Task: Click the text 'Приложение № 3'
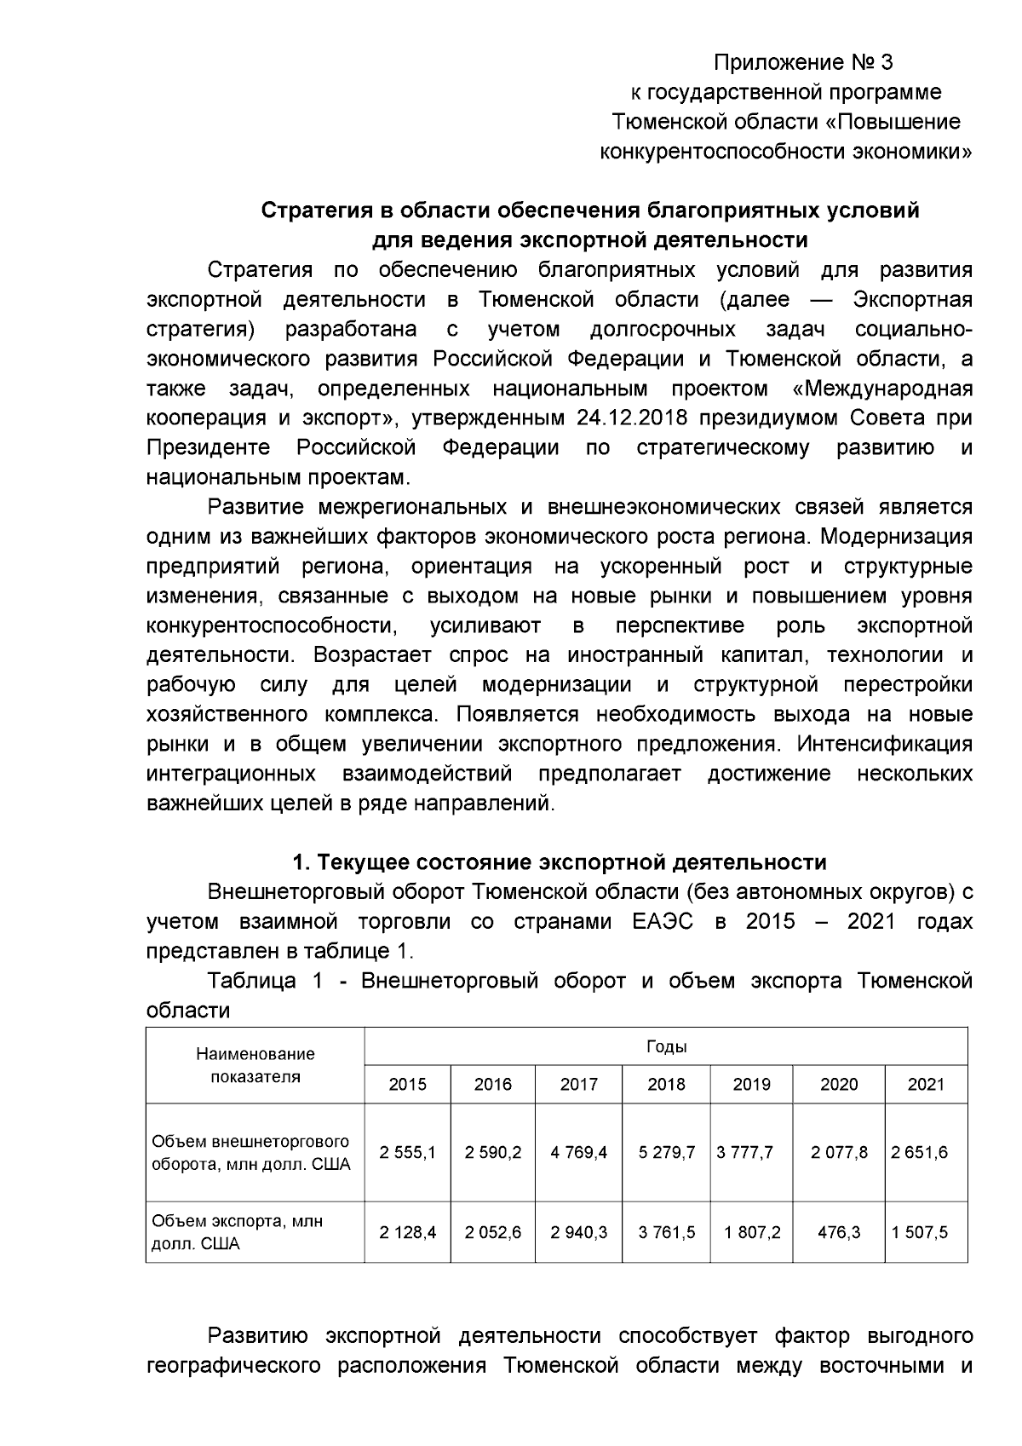coord(802,63)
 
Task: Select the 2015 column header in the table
coord(407,1084)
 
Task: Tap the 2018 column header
coord(666,1084)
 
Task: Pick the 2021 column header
coord(926,1084)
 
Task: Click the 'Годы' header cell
coord(666,1046)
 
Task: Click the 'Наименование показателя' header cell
coord(255,1065)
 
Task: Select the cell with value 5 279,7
coord(666,1152)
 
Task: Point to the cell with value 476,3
coord(838,1232)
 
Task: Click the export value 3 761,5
coord(666,1232)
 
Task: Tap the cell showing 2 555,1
coord(407,1152)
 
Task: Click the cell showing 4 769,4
coord(578,1152)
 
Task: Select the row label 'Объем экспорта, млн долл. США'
coord(238,1232)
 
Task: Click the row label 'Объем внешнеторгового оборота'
coord(250,1152)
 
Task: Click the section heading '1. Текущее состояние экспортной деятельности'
coord(559,862)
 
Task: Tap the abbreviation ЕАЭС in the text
coord(663,922)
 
